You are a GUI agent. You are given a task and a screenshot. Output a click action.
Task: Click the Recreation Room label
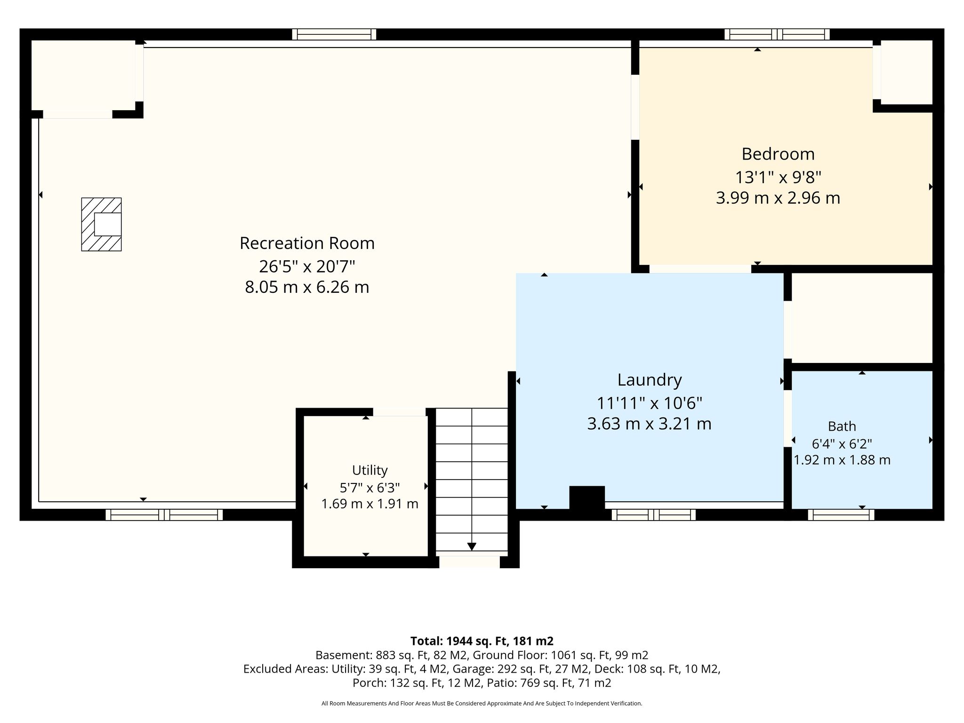click(307, 243)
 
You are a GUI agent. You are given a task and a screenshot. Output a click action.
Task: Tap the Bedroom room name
click(778, 154)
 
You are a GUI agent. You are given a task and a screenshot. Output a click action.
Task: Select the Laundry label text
click(650, 380)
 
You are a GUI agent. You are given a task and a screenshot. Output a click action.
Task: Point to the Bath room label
click(842, 426)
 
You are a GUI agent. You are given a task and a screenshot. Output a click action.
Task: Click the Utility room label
click(370, 470)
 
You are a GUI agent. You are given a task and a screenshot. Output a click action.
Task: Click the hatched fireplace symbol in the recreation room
click(101, 224)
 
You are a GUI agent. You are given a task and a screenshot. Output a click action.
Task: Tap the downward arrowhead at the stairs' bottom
click(472, 546)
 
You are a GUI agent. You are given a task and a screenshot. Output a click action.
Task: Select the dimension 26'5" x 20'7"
click(307, 266)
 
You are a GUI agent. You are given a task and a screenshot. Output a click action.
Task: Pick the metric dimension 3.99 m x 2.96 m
click(778, 198)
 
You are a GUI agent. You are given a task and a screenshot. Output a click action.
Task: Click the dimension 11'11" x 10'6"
click(650, 403)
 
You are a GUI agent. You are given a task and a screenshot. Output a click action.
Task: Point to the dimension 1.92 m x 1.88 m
click(842, 460)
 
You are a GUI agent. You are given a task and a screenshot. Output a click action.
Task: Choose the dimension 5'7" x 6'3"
click(370, 487)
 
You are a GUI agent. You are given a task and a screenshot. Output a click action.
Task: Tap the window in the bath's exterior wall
click(841, 515)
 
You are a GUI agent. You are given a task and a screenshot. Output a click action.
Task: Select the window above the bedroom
click(777, 34)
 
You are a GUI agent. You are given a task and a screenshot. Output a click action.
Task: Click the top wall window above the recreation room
click(334, 34)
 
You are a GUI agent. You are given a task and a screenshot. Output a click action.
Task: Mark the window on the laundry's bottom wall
click(654, 515)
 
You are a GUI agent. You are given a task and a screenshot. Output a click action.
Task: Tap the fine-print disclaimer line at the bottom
click(482, 703)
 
